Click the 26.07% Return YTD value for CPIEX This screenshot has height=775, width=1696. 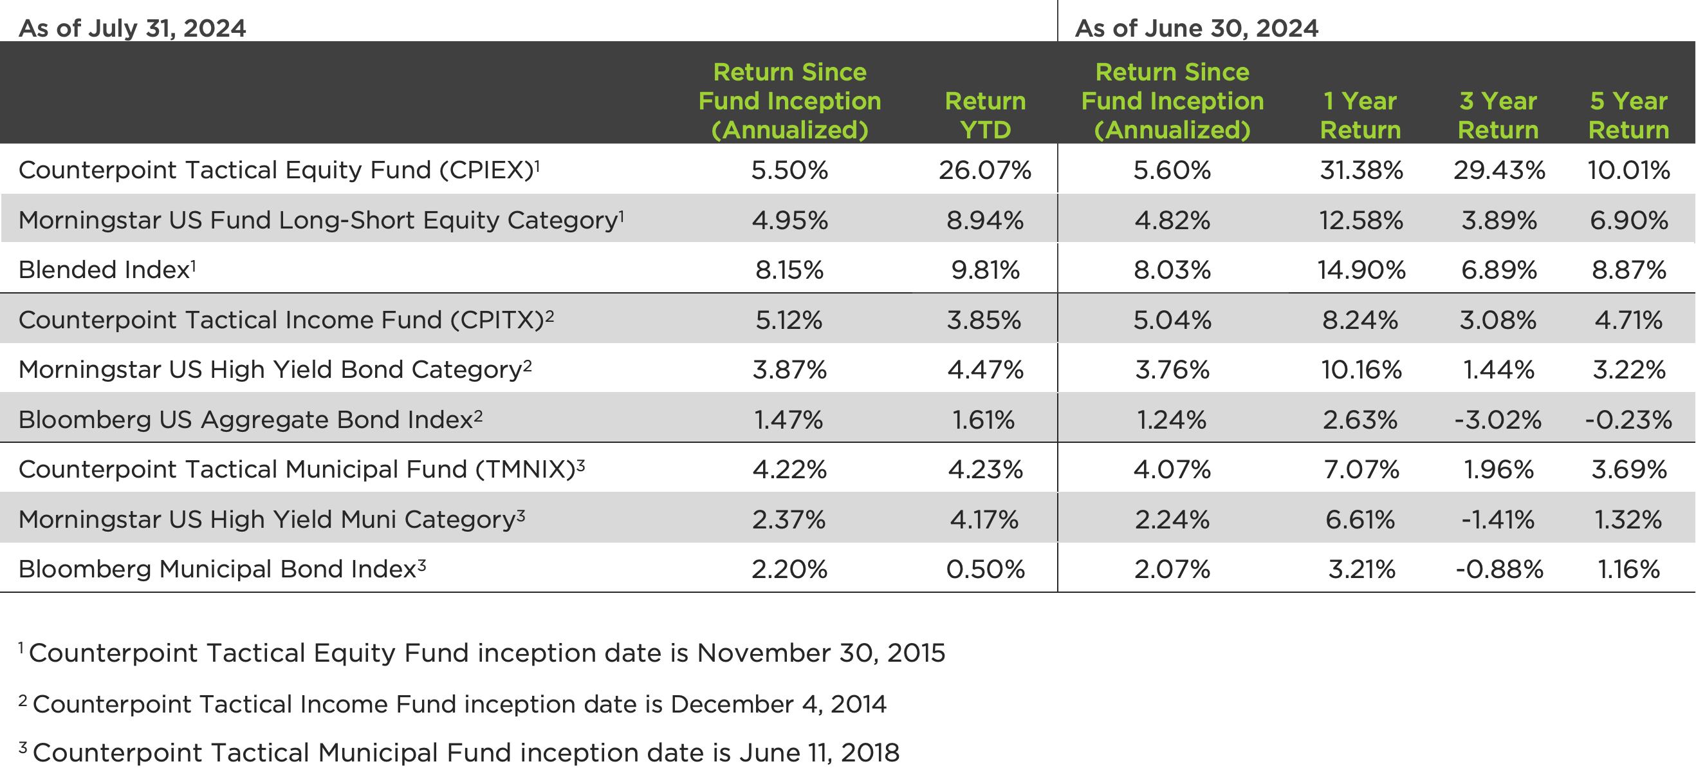pyautogui.click(x=984, y=171)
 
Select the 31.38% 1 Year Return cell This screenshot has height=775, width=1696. pyautogui.click(x=1361, y=171)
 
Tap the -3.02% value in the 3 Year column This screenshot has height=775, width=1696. pyautogui.click(x=1498, y=420)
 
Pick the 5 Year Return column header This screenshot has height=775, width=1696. pyautogui.click(x=1628, y=115)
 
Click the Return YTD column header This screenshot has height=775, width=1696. pyautogui.click(x=985, y=115)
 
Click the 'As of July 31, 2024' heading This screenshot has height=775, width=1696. pyautogui.click(x=133, y=28)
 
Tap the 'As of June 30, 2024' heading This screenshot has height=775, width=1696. pyautogui.click(x=1196, y=28)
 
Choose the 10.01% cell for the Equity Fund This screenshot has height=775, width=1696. pyautogui.click(x=1628, y=171)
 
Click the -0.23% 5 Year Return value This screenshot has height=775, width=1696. pyautogui.click(x=1628, y=420)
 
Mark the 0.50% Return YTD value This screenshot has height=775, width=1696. pyautogui.click(x=985, y=569)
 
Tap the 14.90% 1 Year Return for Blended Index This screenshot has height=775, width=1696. pyautogui.click(x=1361, y=270)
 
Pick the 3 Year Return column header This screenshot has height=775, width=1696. pyautogui.click(x=1498, y=115)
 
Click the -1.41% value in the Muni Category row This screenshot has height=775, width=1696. pyautogui.click(x=1498, y=519)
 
